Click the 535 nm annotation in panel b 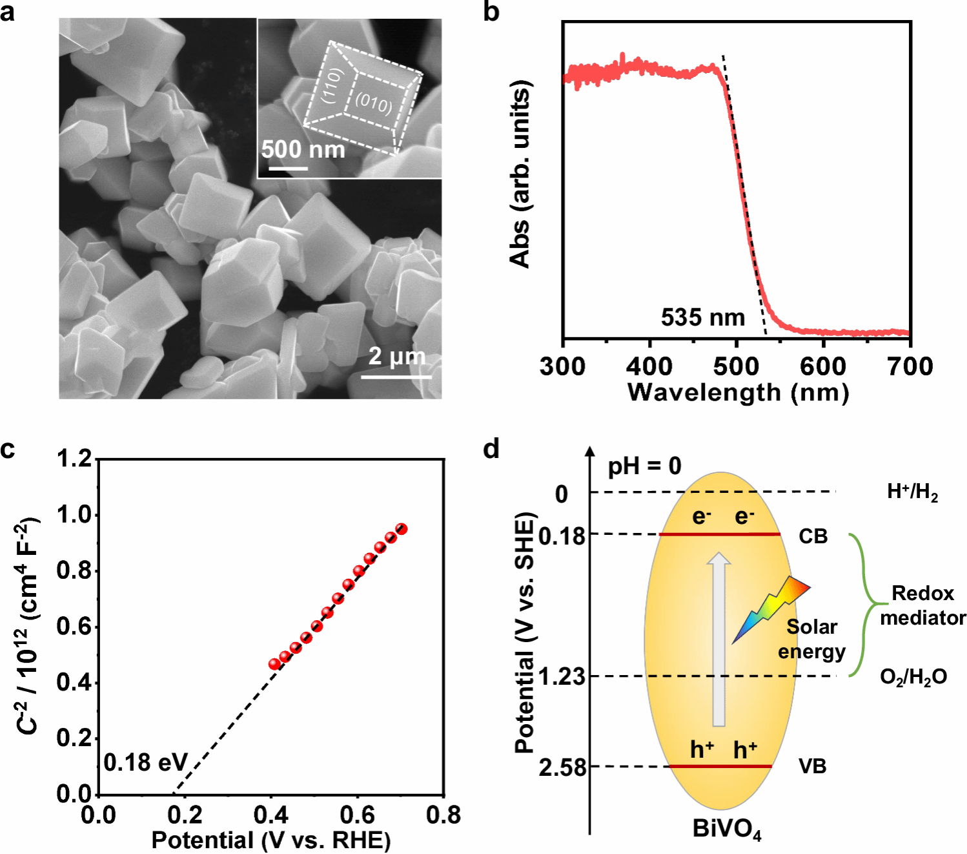pos(702,317)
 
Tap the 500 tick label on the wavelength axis pos(737,367)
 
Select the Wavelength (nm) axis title pos(738,393)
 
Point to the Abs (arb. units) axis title pos(520,174)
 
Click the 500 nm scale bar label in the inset pos(303,150)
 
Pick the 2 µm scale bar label pos(397,356)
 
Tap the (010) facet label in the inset pos(374,103)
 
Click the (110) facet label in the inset pos(331,85)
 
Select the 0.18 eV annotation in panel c pos(145,763)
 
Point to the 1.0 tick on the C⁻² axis pos(75,515)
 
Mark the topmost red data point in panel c pos(401,529)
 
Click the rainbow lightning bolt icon pos(771,609)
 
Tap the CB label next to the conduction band pos(813,536)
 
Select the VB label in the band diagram pos(812,766)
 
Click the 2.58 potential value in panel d pos(563,767)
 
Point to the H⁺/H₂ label pos(912,492)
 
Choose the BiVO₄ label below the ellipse pos(726,829)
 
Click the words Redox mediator pos(922,605)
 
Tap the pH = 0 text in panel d pos(644,466)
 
